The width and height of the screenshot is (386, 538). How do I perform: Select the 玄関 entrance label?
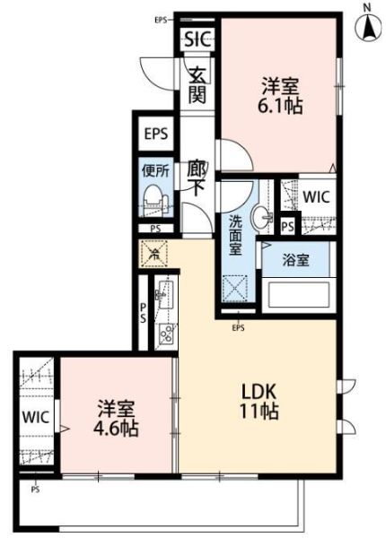click(198, 82)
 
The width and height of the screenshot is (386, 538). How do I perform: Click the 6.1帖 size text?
click(281, 106)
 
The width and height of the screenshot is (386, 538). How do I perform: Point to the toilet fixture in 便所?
click(154, 198)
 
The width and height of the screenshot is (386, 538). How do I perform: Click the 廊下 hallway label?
click(198, 177)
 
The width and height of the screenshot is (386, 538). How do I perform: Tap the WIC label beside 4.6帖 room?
click(35, 418)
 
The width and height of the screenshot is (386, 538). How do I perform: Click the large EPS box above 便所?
click(155, 135)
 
